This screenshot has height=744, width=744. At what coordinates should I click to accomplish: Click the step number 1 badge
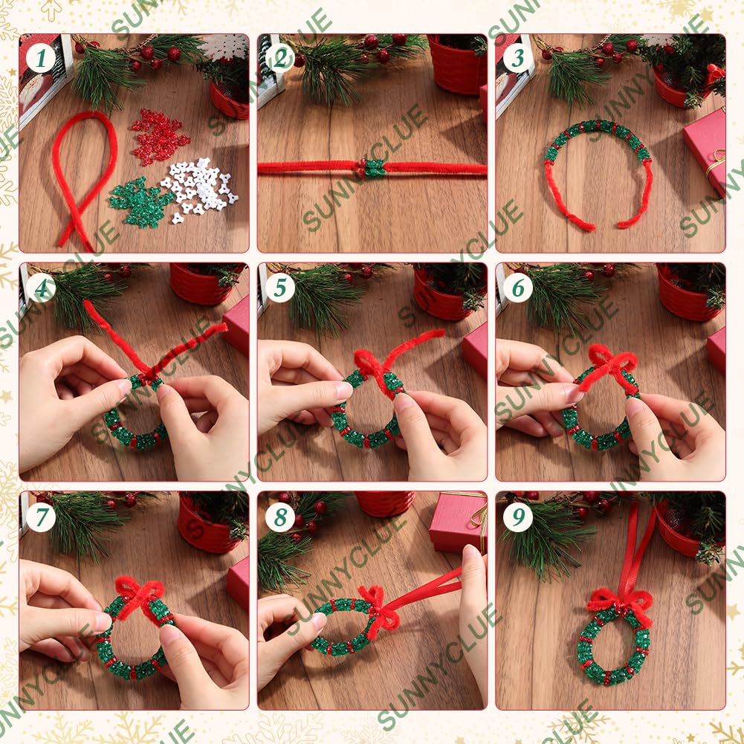(x=41, y=59)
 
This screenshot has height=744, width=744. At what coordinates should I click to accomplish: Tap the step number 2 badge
(x=280, y=59)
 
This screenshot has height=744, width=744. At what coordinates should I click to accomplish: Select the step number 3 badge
(x=518, y=59)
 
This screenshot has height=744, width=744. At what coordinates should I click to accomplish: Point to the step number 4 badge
(x=41, y=288)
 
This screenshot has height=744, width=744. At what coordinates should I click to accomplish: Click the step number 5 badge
(x=280, y=288)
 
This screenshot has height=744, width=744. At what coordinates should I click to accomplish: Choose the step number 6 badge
(x=518, y=288)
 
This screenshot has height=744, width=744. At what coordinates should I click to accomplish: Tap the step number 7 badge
(x=41, y=517)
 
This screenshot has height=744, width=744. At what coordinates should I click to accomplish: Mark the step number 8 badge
(x=280, y=517)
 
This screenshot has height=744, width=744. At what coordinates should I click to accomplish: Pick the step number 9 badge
(x=518, y=517)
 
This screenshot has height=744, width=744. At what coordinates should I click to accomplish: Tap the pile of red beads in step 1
(x=159, y=137)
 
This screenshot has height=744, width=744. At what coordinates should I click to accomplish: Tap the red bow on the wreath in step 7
(x=140, y=598)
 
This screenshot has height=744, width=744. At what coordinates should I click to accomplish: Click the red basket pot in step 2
(x=457, y=64)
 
